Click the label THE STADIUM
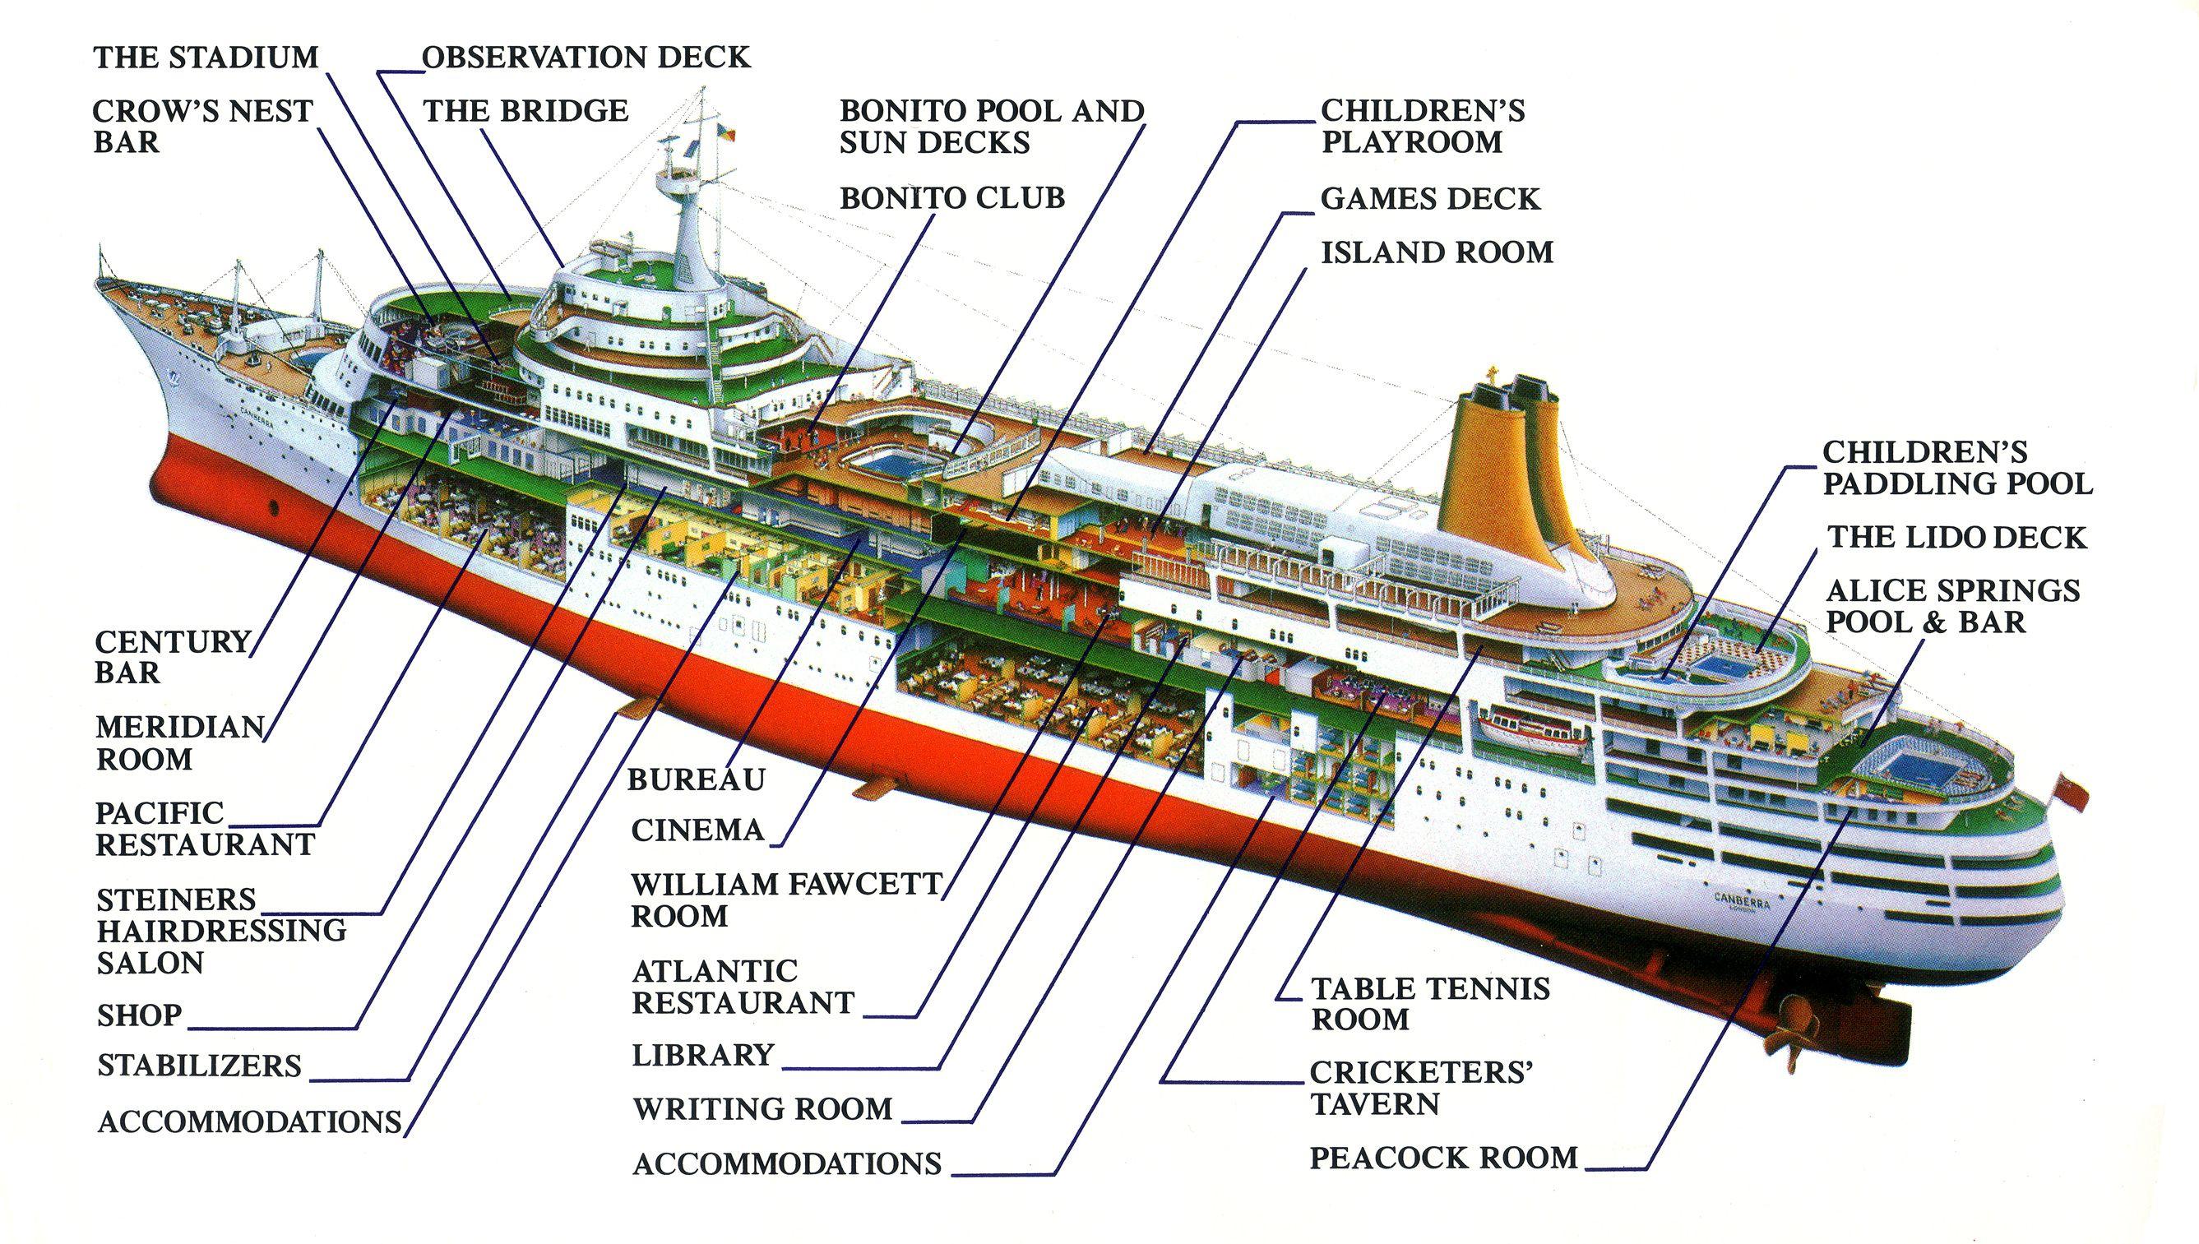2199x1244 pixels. [206, 58]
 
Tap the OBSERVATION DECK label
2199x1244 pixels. [586, 58]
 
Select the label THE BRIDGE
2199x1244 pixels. [525, 111]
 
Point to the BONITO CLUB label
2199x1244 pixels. [952, 198]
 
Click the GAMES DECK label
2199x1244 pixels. [1429, 199]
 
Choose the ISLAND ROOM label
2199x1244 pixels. [1437, 253]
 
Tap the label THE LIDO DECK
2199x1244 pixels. [1956, 538]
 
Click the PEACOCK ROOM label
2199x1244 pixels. [1444, 1158]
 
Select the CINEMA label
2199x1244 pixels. [697, 830]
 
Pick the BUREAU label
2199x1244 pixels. [697, 779]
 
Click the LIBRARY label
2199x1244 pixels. [702, 1055]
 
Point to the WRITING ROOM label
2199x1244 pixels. [762, 1109]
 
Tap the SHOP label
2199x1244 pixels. [139, 1015]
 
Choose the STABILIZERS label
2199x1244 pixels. [199, 1066]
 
